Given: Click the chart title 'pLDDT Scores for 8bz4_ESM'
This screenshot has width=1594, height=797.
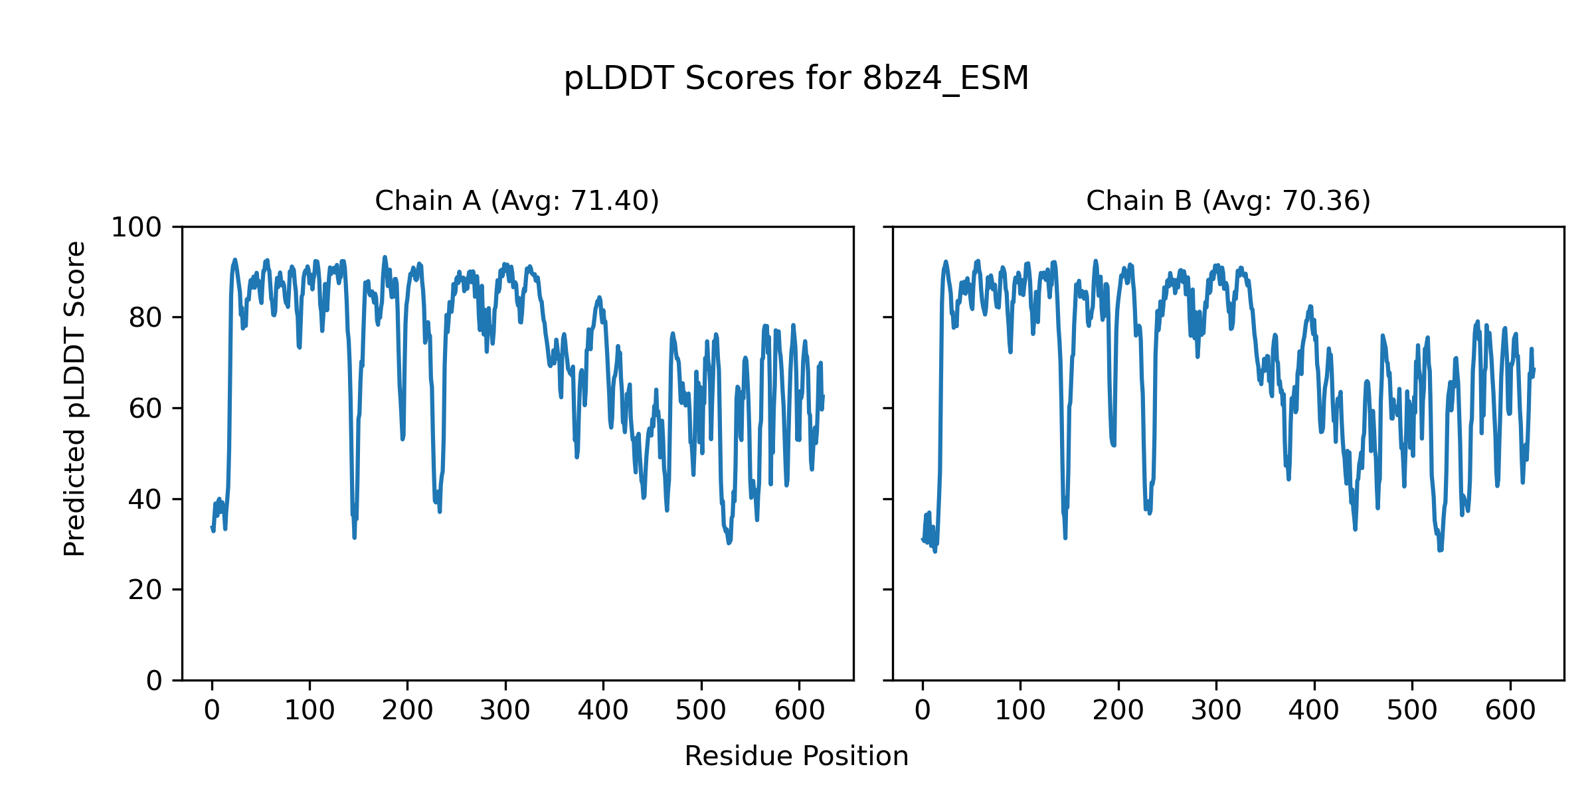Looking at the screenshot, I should pos(796,79).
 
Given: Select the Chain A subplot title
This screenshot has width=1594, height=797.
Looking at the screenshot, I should pos(517,201).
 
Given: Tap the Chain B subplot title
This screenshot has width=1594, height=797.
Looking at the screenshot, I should pos(1228,201).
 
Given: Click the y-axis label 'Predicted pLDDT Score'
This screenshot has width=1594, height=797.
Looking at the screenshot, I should pos(74,398).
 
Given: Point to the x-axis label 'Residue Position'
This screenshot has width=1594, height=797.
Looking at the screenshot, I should pos(796,756).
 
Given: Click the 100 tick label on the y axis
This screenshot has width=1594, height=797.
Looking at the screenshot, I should pos(136,228).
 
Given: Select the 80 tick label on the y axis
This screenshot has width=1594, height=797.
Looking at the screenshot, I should pos(145,318).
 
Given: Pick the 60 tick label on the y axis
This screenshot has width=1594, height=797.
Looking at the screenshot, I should pos(145,408).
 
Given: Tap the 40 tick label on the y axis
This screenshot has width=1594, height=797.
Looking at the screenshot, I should pos(145,499).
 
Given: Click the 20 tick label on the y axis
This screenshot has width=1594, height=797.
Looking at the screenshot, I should pos(145,590).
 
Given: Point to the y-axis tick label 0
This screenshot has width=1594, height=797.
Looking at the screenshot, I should pos(154,681).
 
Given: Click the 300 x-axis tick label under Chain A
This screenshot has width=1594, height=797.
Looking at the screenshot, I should pos(505,711).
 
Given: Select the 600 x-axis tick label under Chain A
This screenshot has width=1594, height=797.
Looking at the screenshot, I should pos(800,711).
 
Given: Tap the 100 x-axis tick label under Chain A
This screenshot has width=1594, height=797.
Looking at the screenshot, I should pos(310,711).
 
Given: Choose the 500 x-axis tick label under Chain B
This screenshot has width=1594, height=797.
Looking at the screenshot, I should pos(1412,711).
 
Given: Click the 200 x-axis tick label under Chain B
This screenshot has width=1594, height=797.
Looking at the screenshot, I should pos(1118,711).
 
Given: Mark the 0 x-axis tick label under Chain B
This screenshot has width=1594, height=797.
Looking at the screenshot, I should pos(923,711).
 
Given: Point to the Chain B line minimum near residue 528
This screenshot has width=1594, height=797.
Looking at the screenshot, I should pos(1440,549).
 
